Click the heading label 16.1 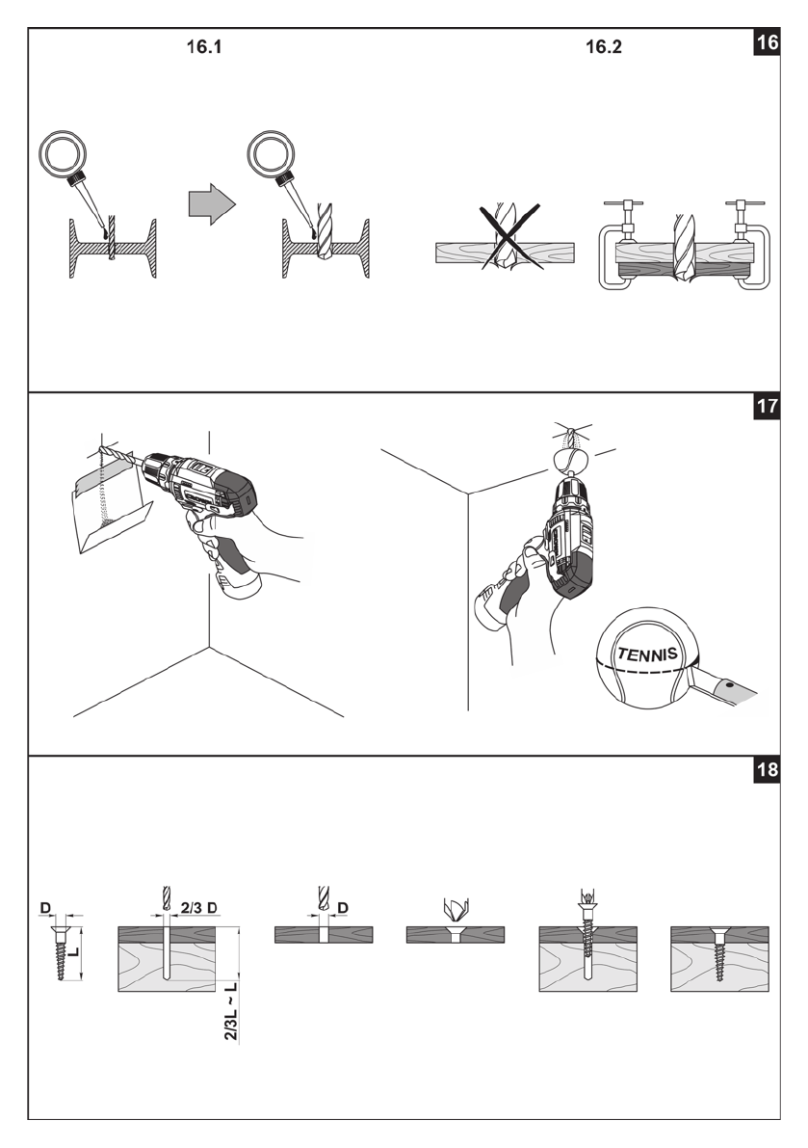(204, 47)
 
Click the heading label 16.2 (604, 47)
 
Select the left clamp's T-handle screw (615, 214)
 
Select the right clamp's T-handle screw (740, 214)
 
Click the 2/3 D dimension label (200, 908)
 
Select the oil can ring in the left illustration (63, 153)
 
